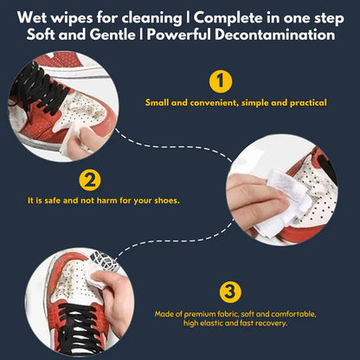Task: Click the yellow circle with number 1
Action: pyautogui.click(x=222, y=82)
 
